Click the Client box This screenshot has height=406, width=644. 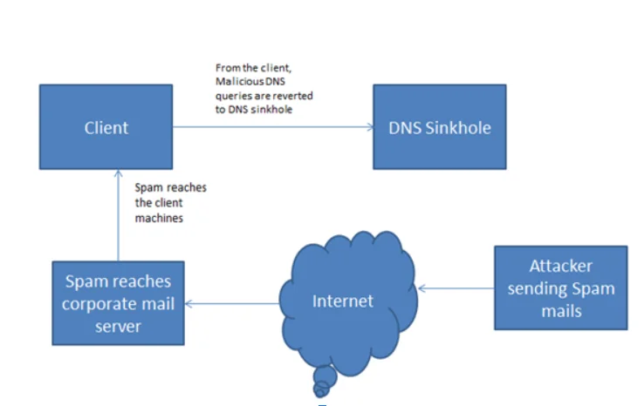point(106,127)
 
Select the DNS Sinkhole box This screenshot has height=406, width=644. point(440,127)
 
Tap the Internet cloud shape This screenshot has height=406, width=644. point(342,301)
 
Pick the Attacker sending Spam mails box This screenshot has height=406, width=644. point(560,288)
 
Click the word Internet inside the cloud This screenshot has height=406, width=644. point(343,301)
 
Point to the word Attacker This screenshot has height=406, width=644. point(560,267)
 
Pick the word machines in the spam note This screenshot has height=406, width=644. point(159,219)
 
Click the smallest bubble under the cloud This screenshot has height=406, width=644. point(321,389)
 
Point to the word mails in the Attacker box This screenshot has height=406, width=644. point(560,309)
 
